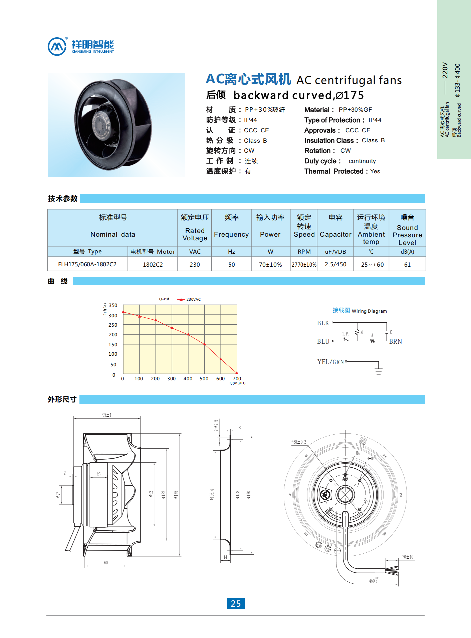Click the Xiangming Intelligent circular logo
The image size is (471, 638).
[x=57, y=46]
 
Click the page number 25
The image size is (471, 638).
[x=236, y=604]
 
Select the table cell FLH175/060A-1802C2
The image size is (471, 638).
[x=87, y=264]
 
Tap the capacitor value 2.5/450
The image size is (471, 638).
[x=335, y=264]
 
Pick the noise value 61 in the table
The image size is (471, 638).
[x=407, y=265]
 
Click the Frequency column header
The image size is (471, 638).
[x=231, y=234]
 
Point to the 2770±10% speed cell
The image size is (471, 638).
[x=304, y=265]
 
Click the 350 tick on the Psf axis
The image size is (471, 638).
[x=113, y=305]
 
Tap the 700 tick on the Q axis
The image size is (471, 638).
[x=237, y=379]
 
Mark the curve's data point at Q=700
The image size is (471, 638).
[x=237, y=373]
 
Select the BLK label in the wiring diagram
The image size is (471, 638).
[x=323, y=323]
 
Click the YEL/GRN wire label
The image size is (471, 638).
[x=330, y=362]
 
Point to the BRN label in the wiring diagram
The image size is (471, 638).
[x=395, y=341]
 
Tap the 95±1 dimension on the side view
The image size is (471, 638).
[x=107, y=415]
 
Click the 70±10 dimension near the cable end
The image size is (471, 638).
[x=408, y=557]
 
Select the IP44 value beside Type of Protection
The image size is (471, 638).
[x=375, y=120]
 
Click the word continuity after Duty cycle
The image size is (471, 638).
[x=362, y=161]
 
